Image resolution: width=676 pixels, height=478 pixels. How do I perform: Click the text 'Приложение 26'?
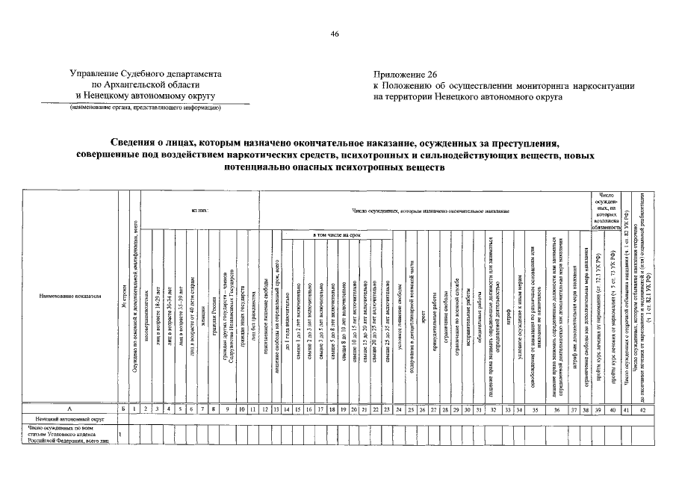(404, 75)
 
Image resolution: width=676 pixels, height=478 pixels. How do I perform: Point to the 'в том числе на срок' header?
(337, 236)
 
